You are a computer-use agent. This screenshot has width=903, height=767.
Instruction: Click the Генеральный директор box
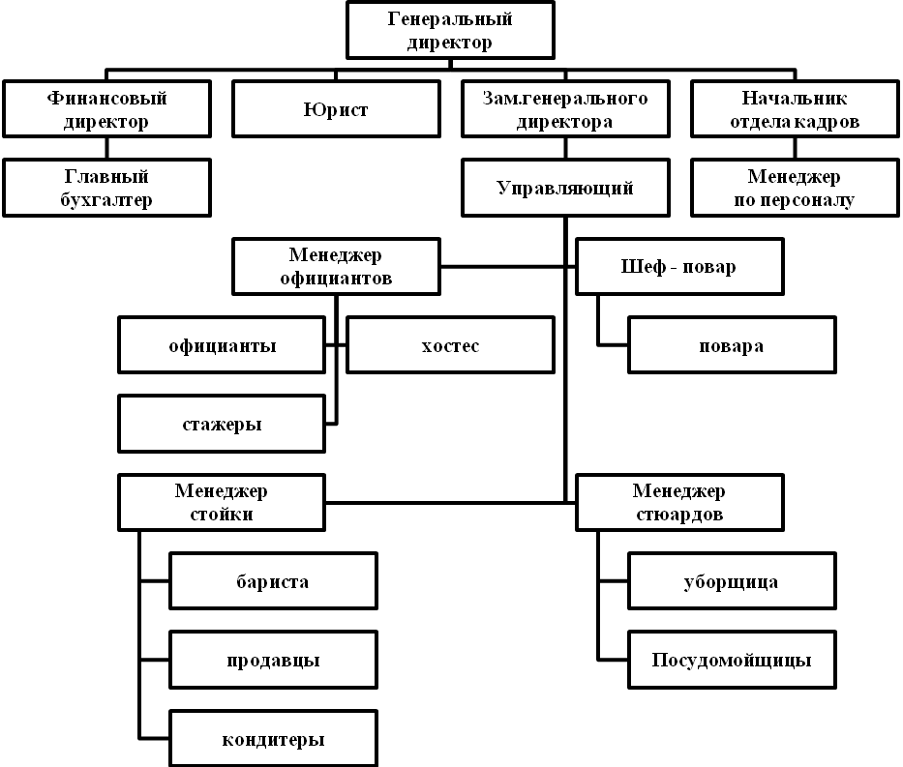click(450, 30)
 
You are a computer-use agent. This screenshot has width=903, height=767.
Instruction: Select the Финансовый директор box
click(107, 108)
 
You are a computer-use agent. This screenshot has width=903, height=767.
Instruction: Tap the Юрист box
click(336, 108)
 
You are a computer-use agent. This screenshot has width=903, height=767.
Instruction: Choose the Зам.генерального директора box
click(565, 108)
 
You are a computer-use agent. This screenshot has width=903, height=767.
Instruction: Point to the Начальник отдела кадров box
click(795, 108)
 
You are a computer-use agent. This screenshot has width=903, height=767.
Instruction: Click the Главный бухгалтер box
click(107, 188)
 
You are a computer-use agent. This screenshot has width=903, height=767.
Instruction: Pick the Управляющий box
click(565, 188)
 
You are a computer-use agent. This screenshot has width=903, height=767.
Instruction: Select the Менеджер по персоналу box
click(795, 188)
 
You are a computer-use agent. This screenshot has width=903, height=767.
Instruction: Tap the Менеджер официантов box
click(336, 266)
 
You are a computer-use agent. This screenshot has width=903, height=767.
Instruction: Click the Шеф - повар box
click(679, 266)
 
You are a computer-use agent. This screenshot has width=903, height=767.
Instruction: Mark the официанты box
click(222, 345)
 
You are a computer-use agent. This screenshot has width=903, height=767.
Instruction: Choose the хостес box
click(450, 345)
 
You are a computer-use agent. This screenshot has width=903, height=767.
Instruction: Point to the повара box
click(732, 345)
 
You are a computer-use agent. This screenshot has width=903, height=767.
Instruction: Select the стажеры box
click(222, 424)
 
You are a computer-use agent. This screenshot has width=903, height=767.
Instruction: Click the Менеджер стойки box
click(222, 502)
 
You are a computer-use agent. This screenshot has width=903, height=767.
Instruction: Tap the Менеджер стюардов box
click(679, 502)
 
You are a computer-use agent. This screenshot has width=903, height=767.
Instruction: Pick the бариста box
click(273, 581)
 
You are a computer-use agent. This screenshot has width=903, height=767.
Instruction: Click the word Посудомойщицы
click(732, 660)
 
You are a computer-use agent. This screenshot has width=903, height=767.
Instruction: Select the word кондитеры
click(273, 739)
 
